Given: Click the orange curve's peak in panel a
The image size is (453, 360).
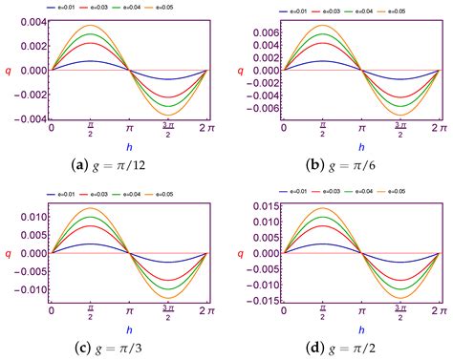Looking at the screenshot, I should click(x=90, y=26).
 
